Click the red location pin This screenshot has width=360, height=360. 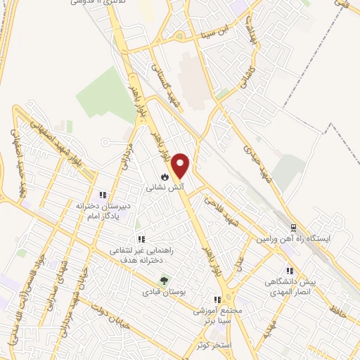pyautogui.click(x=181, y=165)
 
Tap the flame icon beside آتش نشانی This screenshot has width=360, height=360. pyautogui.click(x=164, y=176)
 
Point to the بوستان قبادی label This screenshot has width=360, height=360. pyautogui.click(x=162, y=291)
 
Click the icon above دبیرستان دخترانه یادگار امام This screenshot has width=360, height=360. pyautogui.click(x=103, y=195)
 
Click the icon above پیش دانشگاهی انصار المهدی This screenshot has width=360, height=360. pyautogui.click(x=289, y=270)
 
